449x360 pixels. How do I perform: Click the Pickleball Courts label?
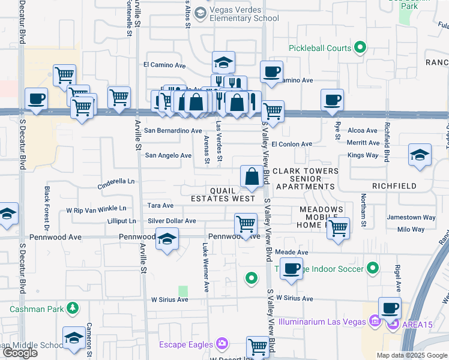(x=319, y=48)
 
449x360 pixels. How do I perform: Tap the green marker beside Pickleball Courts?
(x=360, y=47)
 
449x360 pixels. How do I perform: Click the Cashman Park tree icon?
(x=73, y=308)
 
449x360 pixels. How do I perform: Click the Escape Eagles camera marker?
(x=223, y=344)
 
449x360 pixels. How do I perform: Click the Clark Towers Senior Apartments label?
(x=305, y=179)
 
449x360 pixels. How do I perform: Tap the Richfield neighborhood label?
(x=394, y=186)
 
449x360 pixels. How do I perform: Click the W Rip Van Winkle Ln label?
(x=96, y=209)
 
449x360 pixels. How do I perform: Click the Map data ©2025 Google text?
(x=412, y=355)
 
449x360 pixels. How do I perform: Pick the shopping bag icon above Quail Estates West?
(x=251, y=176)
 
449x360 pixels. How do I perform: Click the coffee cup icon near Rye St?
(x=332, y=100)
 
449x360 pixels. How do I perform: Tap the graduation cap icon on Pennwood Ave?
(x=167, y=239)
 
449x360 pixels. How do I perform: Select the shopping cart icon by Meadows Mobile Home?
(x=339, y=227)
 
